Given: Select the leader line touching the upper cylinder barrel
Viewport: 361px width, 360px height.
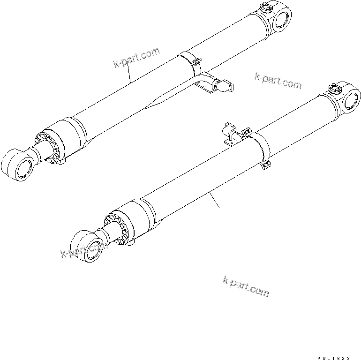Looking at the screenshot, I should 130,75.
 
